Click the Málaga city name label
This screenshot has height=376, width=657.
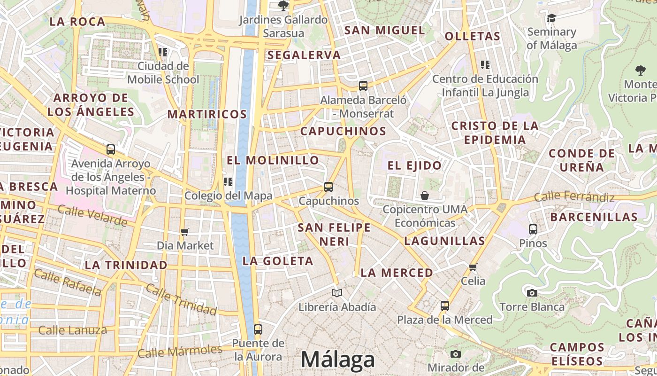(338, 360)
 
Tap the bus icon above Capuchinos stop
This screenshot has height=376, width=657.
(328, 187)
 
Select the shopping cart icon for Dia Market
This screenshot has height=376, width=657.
(185, 231)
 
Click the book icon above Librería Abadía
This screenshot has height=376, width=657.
(337, 293)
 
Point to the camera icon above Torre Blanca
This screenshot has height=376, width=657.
(532, 293)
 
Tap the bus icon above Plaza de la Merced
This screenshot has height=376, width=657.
(444, 306)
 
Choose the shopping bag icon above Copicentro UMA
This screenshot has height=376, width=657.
(425, 195)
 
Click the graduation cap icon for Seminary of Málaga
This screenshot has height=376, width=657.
(551, 18)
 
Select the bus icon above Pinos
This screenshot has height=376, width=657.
(533, 229)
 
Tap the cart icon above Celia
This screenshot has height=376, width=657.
(473, 267)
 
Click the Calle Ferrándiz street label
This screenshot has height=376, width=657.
(574, 196)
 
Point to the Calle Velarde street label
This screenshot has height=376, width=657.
(92, 215)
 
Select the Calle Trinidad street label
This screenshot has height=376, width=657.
(181, 299)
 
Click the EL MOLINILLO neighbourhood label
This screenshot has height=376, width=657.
(273, 160)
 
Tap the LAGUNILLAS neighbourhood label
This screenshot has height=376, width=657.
(444, 241)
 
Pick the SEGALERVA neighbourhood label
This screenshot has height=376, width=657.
(304, 55)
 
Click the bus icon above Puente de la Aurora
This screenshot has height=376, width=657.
(258, 329)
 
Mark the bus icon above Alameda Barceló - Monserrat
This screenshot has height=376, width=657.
(363, 86)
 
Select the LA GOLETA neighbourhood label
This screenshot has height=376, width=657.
(278, 261)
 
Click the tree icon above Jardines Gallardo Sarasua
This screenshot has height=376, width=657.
(283, 6)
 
